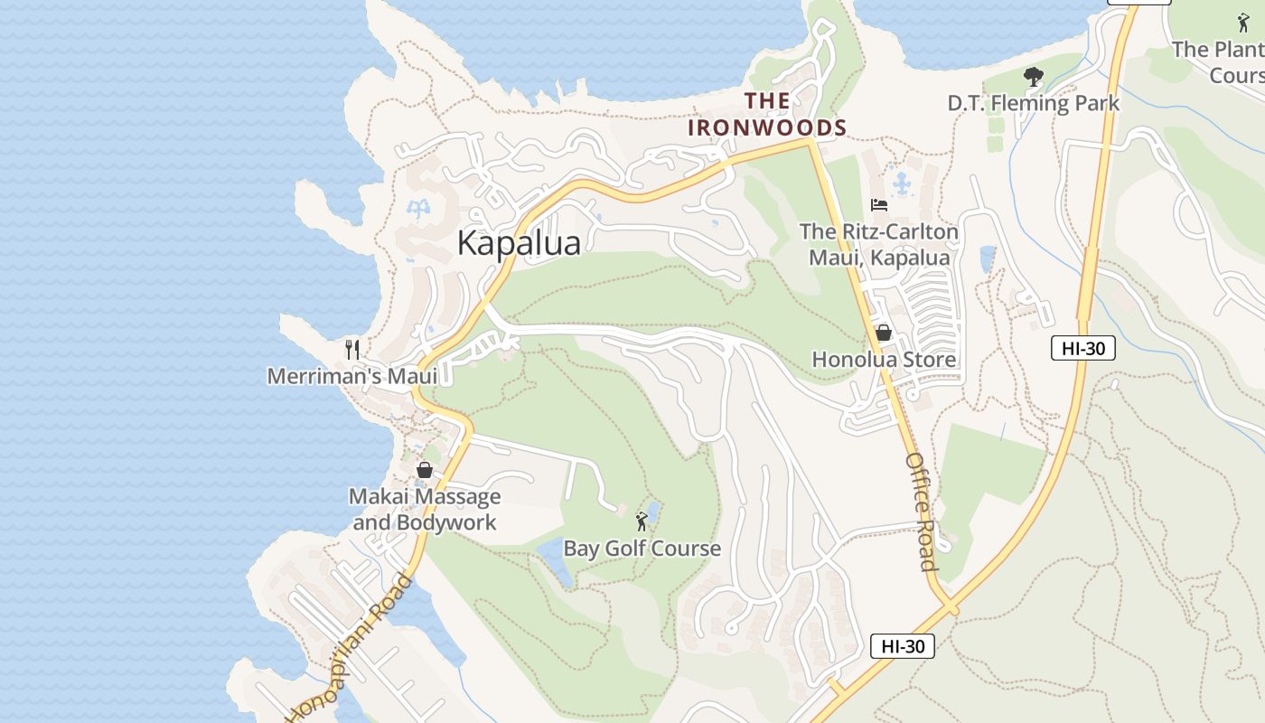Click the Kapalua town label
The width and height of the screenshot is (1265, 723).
519,243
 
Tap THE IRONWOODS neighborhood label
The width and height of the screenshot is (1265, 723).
767,115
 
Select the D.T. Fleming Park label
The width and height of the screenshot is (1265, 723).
1033,103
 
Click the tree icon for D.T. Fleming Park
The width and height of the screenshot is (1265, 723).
1033,78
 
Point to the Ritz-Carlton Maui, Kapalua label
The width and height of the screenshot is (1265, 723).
878,245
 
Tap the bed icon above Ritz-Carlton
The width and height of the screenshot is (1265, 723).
878,205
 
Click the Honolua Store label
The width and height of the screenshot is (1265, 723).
884,360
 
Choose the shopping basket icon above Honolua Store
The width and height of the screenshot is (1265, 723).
884,333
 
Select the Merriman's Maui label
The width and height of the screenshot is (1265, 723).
352,375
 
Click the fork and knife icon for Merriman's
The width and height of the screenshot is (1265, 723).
352,349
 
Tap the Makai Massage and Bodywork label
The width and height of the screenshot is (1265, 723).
425,510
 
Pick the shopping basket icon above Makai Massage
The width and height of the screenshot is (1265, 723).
425,470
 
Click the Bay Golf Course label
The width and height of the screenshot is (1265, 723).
642,549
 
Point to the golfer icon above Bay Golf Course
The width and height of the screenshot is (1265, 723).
642,521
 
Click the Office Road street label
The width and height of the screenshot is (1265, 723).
921,512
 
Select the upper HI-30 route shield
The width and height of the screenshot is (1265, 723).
1082,348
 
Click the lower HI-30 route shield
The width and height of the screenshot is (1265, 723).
902,646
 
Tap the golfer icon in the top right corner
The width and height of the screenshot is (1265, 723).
1244,23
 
